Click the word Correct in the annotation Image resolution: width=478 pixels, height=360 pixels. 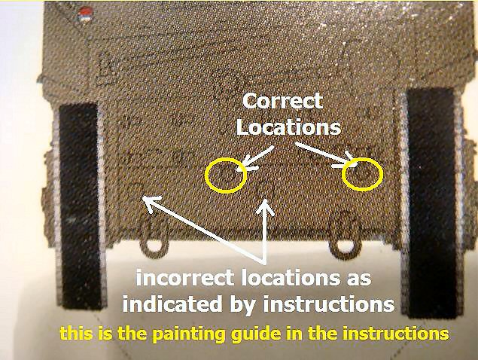point(282,101)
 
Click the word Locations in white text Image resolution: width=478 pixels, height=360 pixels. point(288,127)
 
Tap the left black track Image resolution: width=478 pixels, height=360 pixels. point(80,206)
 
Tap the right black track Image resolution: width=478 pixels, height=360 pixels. point(433,203)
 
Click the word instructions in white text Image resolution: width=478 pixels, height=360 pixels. point(329,304)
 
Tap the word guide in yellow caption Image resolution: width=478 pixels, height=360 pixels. point(255,334)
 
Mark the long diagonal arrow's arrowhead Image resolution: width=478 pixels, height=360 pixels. point(151,203)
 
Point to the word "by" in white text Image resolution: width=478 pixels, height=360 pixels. point(242,305)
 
